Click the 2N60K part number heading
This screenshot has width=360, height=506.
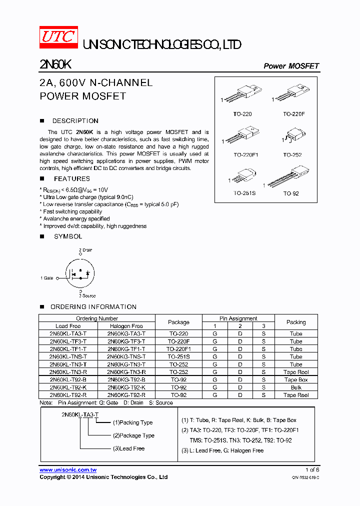coord(55,65)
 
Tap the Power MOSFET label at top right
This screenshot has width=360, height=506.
coord(291,66)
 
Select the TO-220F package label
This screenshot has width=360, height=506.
coord(293,114)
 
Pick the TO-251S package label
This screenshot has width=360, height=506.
coord(244,193)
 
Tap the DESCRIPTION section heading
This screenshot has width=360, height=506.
coord(75,121)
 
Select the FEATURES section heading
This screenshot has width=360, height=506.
coord(71,178)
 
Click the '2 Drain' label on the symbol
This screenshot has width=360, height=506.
coord(85,250)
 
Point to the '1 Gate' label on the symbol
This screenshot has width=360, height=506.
coord(47,278)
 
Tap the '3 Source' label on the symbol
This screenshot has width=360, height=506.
coord(87,296)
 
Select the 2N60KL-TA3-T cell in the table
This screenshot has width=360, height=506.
coord(68,333)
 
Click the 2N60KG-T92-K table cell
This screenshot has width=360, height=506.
coord(126,387)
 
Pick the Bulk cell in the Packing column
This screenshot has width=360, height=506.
coord(296,387)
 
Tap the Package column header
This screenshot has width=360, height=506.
coord(178,322)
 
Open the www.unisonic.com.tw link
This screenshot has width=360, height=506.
coord(68,470)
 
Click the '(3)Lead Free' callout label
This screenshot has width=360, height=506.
coord(128,448)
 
